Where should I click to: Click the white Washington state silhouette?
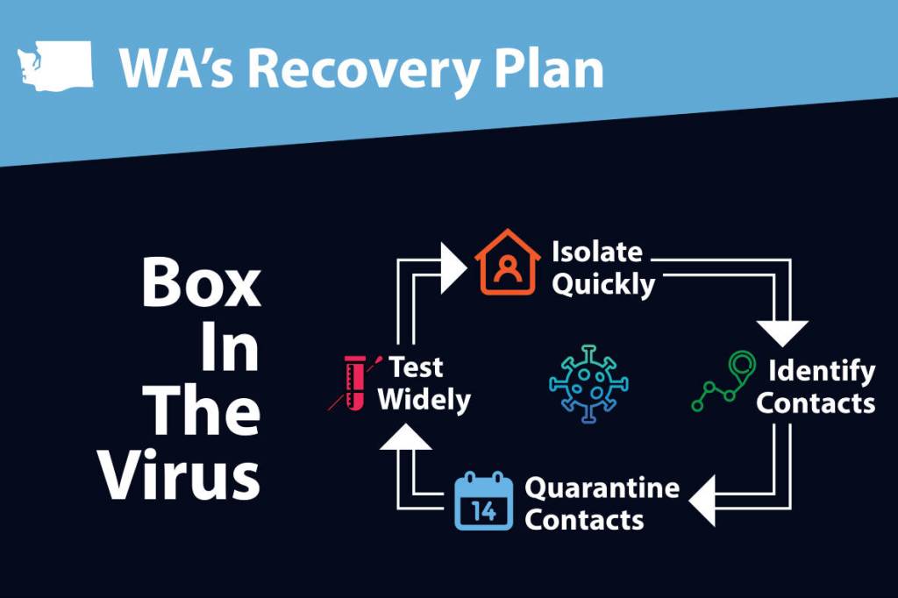tap(54, 64)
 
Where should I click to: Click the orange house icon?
tap(506, 262)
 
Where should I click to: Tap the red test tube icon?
tap(353, 381)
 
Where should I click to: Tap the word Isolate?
tap(597, 253)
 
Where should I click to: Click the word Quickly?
tap(603, 285)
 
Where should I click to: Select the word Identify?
tap(822, 371)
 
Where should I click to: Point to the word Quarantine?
tap(602, 487)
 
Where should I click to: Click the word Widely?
tap(424, 400)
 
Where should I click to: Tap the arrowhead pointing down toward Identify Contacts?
tap(782, 332)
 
